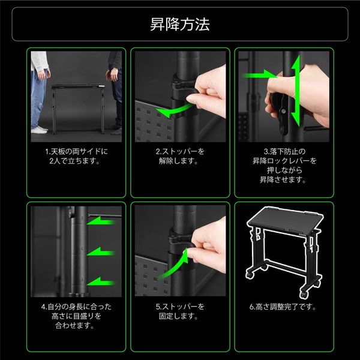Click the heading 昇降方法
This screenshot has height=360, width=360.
pos(180,25)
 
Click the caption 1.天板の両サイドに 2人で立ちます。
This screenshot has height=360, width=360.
pos(76,156)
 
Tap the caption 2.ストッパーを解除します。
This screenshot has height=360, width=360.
pos(180,156)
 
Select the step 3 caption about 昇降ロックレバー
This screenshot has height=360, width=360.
pos(284,166)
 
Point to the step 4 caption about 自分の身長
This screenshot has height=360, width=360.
pos(76,316)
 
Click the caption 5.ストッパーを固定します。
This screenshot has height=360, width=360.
pos(180,311)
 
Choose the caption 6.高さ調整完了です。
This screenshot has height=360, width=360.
pos(283,307)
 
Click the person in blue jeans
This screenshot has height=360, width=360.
pos(40,92)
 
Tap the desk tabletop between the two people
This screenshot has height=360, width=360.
pos(78,86)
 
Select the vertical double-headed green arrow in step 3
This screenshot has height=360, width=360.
pos(296,91)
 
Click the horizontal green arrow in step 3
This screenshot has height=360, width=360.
pos(259,75)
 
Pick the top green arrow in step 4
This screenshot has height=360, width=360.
pos(101,222)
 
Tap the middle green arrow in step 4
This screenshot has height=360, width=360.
pos(101,253)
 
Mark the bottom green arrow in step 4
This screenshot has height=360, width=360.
pos(101,282)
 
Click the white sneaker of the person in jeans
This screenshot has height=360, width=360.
pos(39,130)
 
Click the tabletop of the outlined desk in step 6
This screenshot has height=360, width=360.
pos(284,218)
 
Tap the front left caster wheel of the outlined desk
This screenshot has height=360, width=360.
pos(250,274)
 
